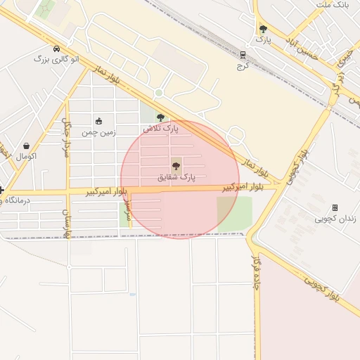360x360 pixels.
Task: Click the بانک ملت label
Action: click(x=333, y=5)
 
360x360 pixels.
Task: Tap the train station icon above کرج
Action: click(x=243, y=54)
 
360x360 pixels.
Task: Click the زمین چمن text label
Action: click(x=98, y=131)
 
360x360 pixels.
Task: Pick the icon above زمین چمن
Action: click(x=98, y=121)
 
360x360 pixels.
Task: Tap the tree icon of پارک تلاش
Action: click(x=161, y=117)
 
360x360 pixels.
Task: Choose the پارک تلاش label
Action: click(x=161, y=129)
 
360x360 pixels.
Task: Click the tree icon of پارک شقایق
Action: click(x=176, y=166)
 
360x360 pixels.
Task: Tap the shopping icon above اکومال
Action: click(x=26, y=146)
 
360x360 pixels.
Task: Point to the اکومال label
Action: click(x=25, y=155)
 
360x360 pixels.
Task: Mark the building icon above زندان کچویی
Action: click(x=335, y=207)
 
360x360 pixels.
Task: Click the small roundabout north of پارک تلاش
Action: click(x=159, y=93)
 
